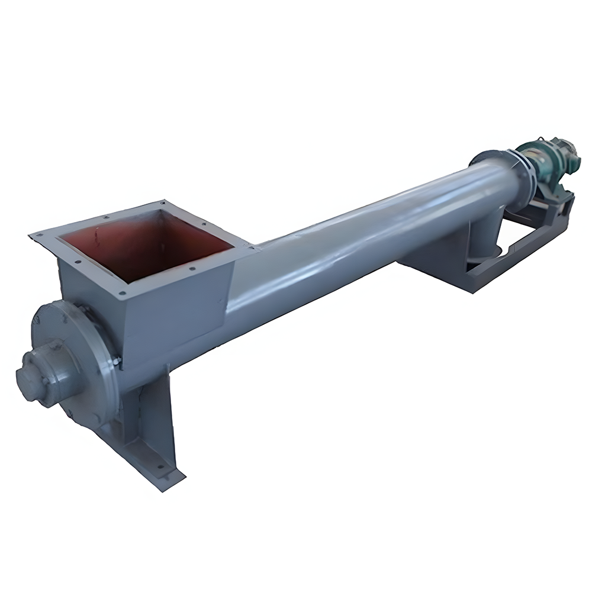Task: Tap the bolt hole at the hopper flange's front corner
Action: pos(121,292)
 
